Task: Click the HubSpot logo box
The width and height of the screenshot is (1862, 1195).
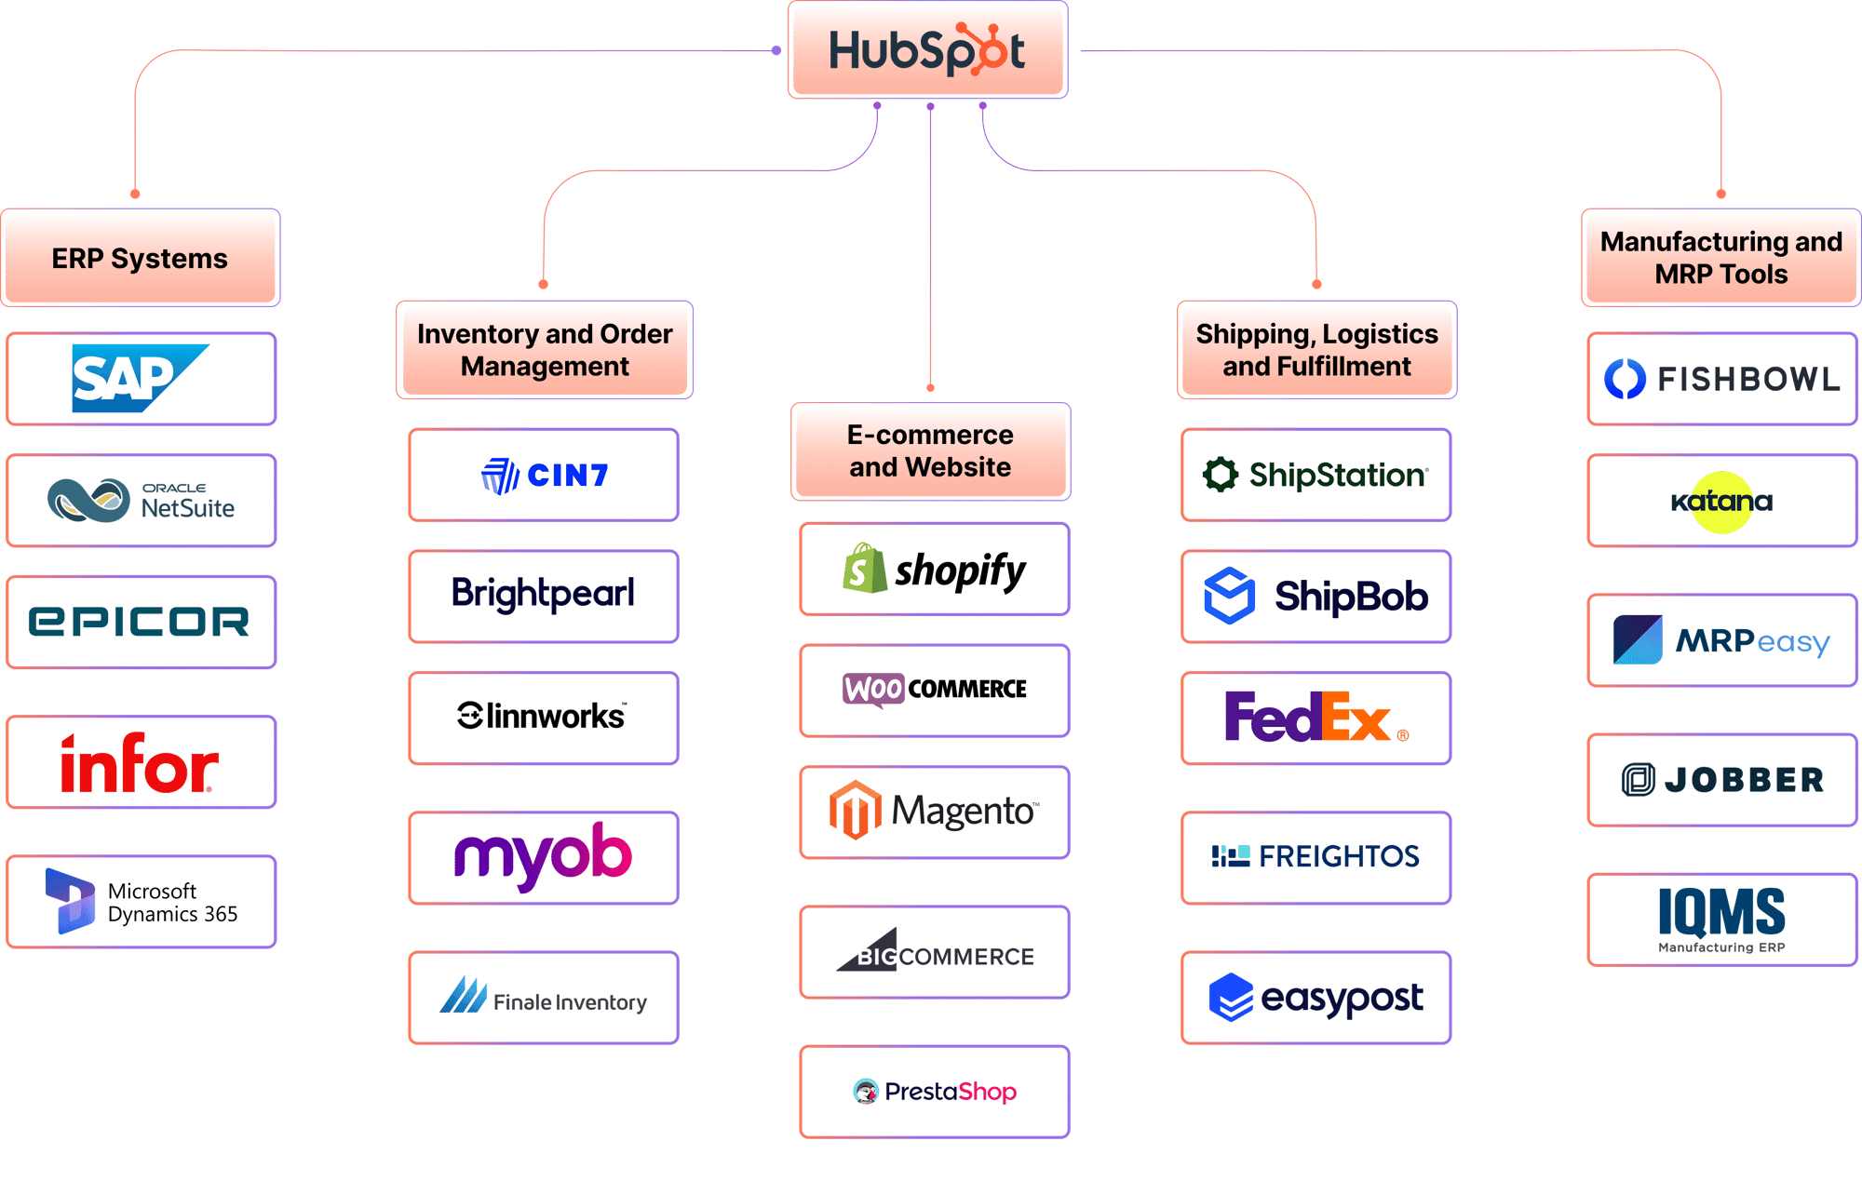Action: [927, 50]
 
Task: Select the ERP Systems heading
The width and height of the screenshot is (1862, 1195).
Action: [141, 258]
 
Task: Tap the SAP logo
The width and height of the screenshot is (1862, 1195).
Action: [140, 379]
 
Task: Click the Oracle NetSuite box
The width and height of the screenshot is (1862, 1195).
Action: [141, 501]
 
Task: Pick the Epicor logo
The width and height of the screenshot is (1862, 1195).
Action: [140, 622]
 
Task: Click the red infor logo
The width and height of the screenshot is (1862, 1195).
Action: [140, 763]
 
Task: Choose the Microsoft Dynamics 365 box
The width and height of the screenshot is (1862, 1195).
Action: [141, 902]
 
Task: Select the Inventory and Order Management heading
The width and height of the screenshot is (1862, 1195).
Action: [545, 350]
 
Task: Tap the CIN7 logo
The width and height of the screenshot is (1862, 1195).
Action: [544, 476]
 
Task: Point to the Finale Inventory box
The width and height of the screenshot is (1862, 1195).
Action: [544, 998]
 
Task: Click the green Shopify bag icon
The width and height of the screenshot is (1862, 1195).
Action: [863, 569]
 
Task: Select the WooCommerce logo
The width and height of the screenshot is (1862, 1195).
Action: [934, 690]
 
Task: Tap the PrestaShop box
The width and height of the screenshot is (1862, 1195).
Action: [934, 1091]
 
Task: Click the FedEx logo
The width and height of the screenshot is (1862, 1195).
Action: [1314, 718]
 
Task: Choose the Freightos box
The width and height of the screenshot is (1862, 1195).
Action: [1315, 856]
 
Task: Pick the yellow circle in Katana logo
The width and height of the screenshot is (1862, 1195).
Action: [1721, 502]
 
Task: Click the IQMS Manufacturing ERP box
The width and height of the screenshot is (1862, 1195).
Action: [1721, 919]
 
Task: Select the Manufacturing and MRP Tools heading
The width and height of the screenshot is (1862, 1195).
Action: [1720, 258]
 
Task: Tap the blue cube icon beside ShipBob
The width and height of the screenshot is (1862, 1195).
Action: [1229, 596]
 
